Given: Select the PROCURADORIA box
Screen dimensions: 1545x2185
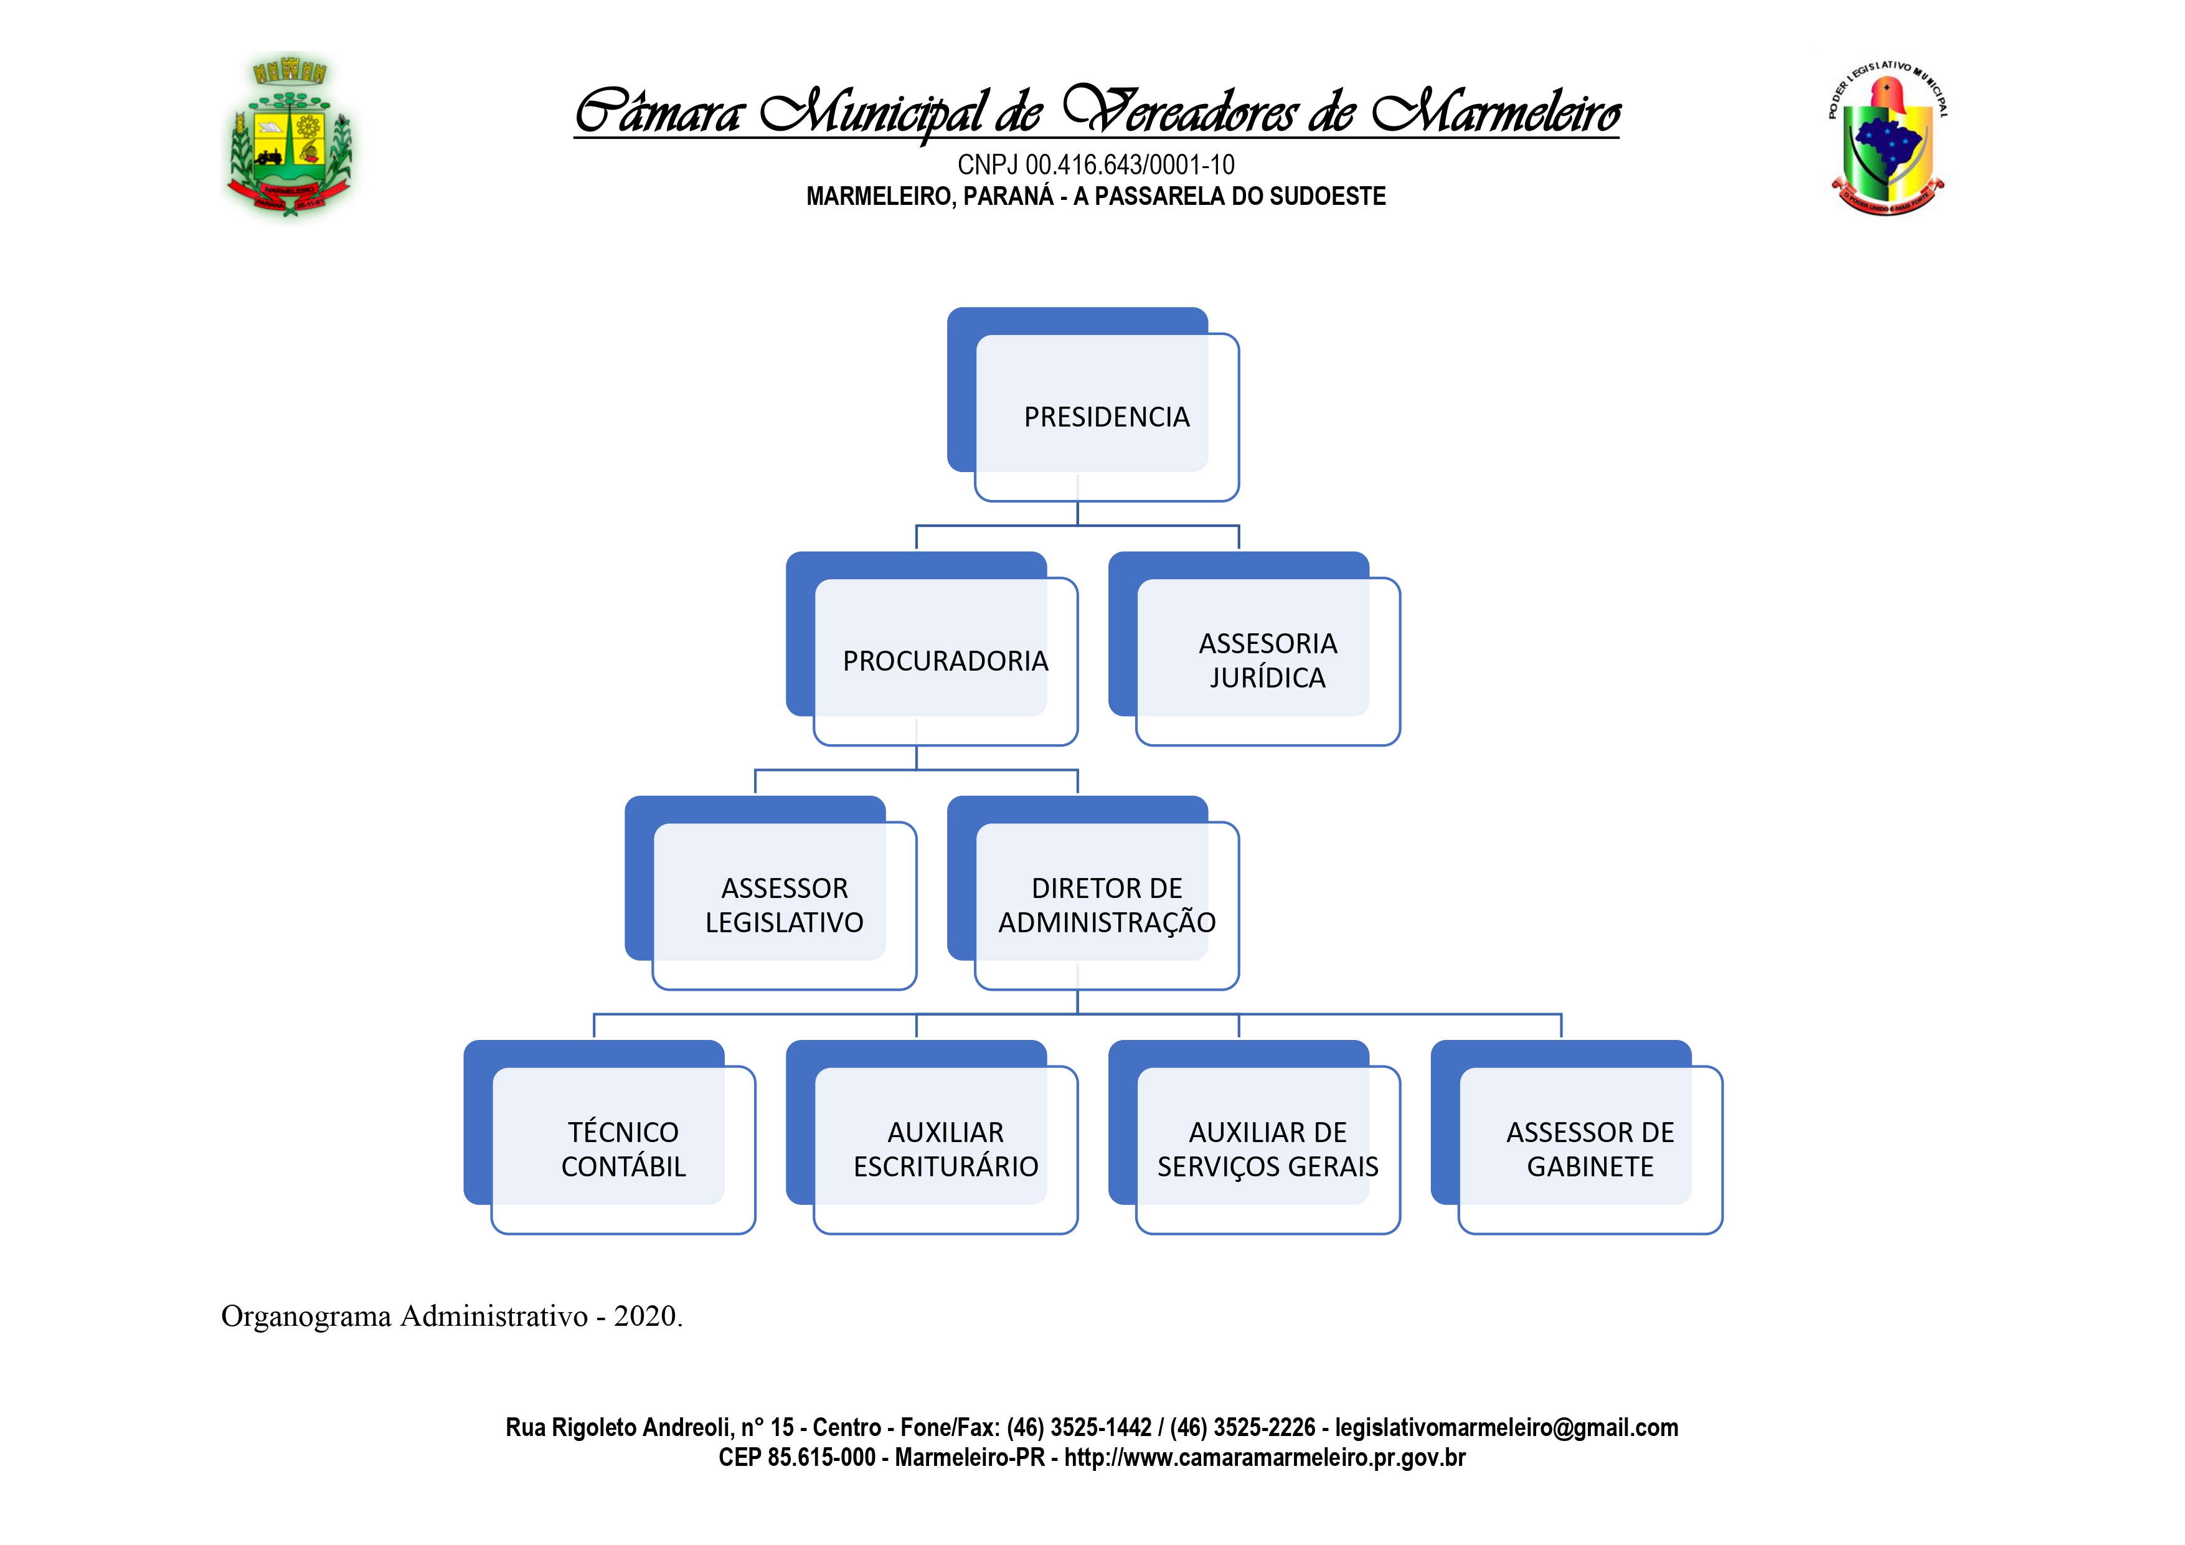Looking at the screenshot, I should (945, 661).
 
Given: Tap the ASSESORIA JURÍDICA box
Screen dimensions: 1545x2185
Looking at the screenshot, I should (1268, 661).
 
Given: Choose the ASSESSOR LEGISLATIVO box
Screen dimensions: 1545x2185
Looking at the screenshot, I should (784, 905).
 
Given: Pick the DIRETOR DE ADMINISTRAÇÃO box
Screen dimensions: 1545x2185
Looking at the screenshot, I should (1106, 905).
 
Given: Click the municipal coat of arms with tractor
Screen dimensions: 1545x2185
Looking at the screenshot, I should (290, 136).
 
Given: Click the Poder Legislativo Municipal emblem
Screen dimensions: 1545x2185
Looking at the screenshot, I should (1887, 139).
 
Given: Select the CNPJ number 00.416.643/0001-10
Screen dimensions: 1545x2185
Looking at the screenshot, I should (1130, 166).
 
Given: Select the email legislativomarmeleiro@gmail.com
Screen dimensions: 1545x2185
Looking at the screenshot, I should (1506, 1428).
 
